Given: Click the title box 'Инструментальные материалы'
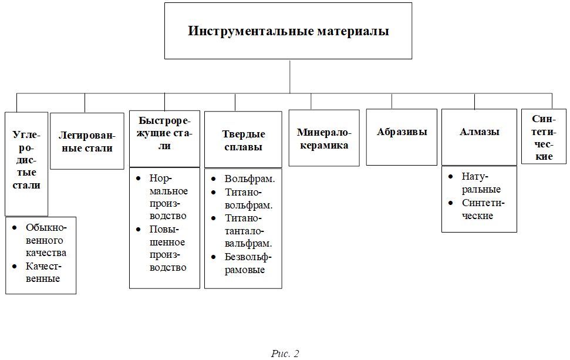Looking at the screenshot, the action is coord(288,31).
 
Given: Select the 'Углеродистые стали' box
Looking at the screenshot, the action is coord(26,163).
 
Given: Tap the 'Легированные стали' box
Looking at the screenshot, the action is coord(87,142).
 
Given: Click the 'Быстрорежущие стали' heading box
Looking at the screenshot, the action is coord(164,138).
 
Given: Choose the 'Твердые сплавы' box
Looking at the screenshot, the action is coord(243,140).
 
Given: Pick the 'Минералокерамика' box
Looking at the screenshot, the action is coord(323,138).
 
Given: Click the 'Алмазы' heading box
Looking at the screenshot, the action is coord(479,137).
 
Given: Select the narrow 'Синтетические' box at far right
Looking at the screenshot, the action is coord(544,137).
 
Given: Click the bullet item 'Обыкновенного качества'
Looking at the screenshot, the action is coord(45,240).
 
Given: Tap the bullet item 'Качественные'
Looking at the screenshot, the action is coord(43,272).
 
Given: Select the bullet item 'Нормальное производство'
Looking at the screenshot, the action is coord(168,196).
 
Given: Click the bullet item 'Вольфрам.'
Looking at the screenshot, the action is coord(249,179).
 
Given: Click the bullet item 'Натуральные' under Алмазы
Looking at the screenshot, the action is coord(481,183).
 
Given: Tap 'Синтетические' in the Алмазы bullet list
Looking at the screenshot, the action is coord(483,209).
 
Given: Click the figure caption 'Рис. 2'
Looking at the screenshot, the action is coord(285,353).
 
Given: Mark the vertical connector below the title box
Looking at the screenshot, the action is coord(290,76).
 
